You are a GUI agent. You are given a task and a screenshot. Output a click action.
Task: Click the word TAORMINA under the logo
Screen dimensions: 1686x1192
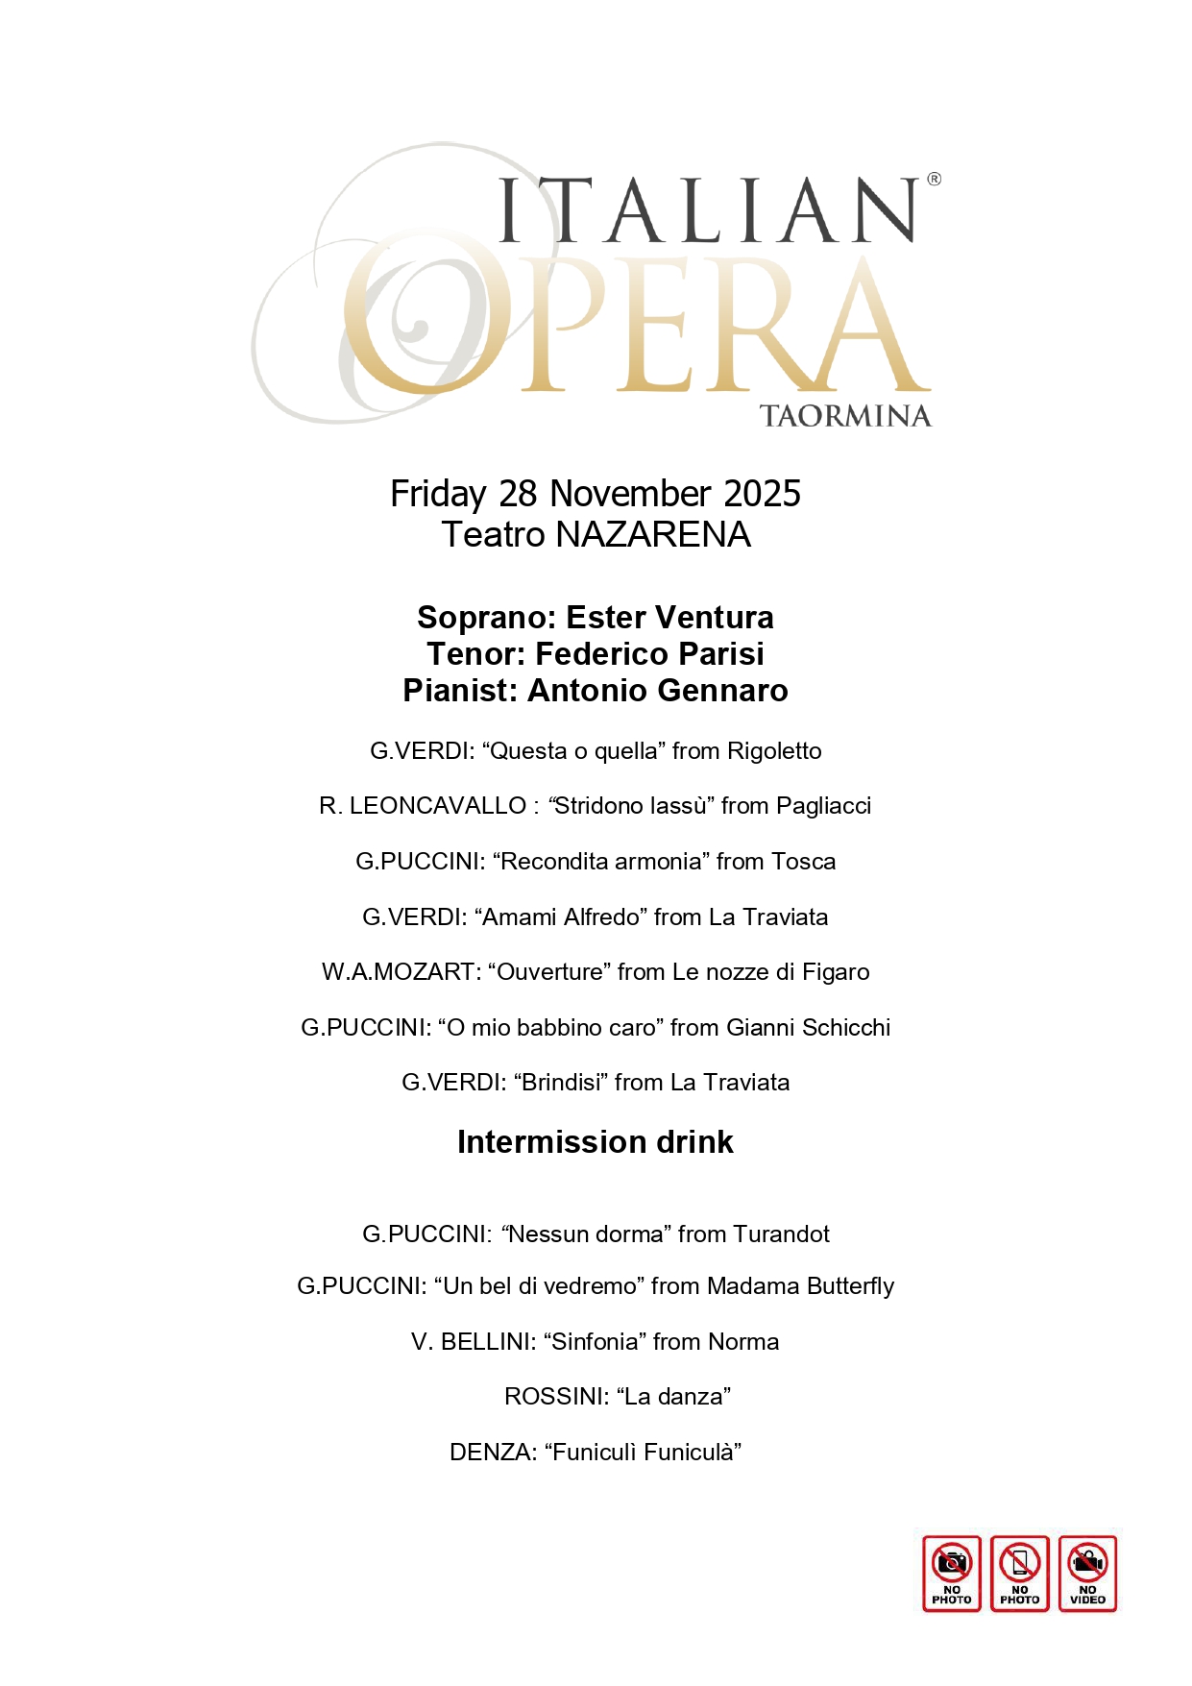pos(844,416)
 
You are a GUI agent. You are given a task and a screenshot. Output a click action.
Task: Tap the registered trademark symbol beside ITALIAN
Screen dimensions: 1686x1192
pos(934,179)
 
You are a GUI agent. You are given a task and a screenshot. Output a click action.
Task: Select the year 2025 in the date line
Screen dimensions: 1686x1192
pos(762,494)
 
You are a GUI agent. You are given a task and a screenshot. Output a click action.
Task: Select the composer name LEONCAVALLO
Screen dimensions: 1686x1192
pos(437,806)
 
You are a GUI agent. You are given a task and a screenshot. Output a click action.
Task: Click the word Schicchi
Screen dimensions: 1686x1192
pos(846,1028)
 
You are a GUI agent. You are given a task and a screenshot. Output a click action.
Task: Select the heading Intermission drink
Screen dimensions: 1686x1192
pos(596,1142)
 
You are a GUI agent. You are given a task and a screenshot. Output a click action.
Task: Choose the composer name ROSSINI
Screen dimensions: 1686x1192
pos(552,1397)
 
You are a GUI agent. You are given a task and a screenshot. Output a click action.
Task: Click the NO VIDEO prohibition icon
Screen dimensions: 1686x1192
pos(1087,1573)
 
